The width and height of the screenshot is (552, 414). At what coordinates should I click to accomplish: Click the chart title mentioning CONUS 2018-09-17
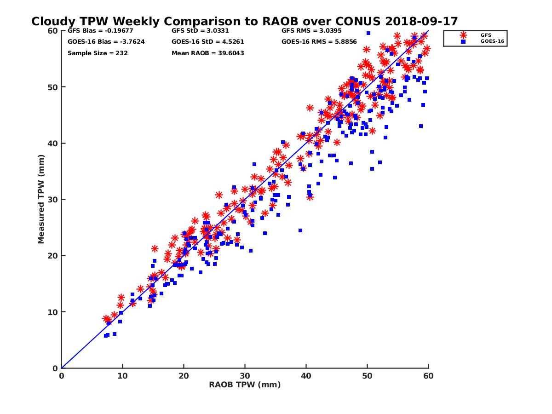click(x=244, y=22)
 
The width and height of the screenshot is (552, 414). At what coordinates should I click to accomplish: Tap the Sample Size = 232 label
click(x=98, y=53)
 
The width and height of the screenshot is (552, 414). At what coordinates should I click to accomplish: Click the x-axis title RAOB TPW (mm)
click(x=245, y=385)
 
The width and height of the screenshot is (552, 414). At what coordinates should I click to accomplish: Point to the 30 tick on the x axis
click(x=245, y=376)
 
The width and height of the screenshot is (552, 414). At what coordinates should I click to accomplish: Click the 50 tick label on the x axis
click(x=367, y=376)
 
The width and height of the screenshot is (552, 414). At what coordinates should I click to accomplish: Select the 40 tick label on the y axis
click(x=53, y=143)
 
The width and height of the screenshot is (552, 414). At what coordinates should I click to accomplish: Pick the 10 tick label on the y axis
click(x=53, y=312)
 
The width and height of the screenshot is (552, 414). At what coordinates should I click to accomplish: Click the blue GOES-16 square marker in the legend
click(x=463, y=41)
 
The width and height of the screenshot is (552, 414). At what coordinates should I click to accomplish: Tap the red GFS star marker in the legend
click(x=463, y=35)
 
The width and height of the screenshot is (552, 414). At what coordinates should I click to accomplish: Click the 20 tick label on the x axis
click(x=184, y=376)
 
